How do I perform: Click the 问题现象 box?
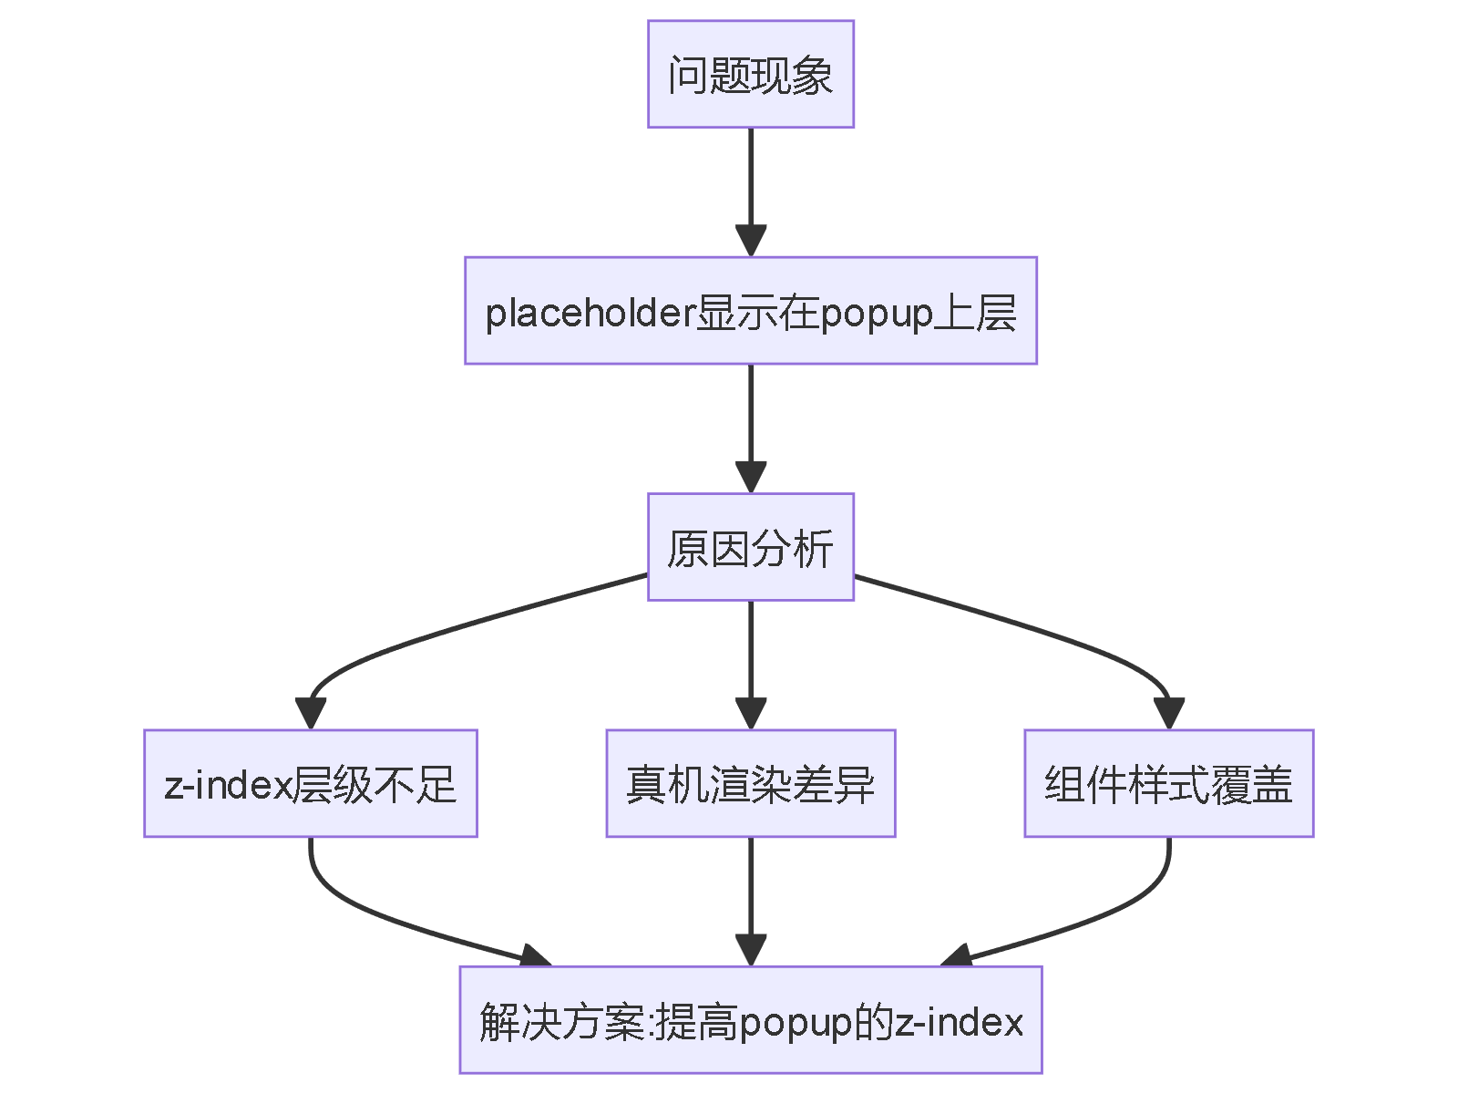(x=750, y=74)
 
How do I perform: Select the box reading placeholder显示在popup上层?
(x=750, y=311)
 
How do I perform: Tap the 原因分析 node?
(x=750, y=547)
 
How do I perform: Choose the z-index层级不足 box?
(x=310, y=783)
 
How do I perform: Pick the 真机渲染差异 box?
(x=750, y=783)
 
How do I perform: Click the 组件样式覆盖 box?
(x=1168, y=783)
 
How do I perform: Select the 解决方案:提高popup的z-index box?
(x=750, y=1020)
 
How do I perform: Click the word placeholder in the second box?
(x=590, y=313)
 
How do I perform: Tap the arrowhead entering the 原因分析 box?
(x=750, y=477)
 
